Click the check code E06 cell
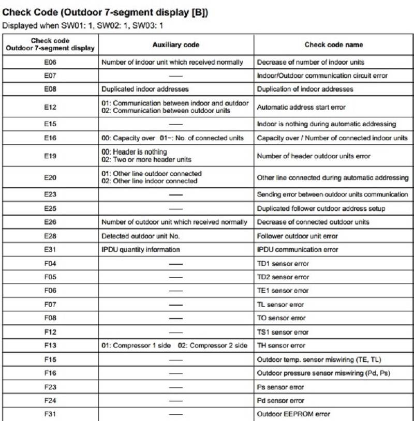point(50,62)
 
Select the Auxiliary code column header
point(176,45)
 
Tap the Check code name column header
point(333,45)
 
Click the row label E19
point(50,156)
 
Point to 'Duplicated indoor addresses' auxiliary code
point(145,89)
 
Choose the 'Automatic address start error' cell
point(301,108)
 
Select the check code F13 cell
point(50,345)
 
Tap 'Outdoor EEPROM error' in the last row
point(293,414)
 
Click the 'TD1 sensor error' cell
point(283,263)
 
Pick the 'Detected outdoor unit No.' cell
point(142,236)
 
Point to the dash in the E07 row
point(176,76)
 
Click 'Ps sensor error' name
point(280,387)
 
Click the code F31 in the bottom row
point(50,414)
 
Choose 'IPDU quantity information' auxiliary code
point(141,249)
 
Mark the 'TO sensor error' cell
point(282,318)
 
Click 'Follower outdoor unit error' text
point(298,236)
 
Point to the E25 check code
point(50,208)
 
